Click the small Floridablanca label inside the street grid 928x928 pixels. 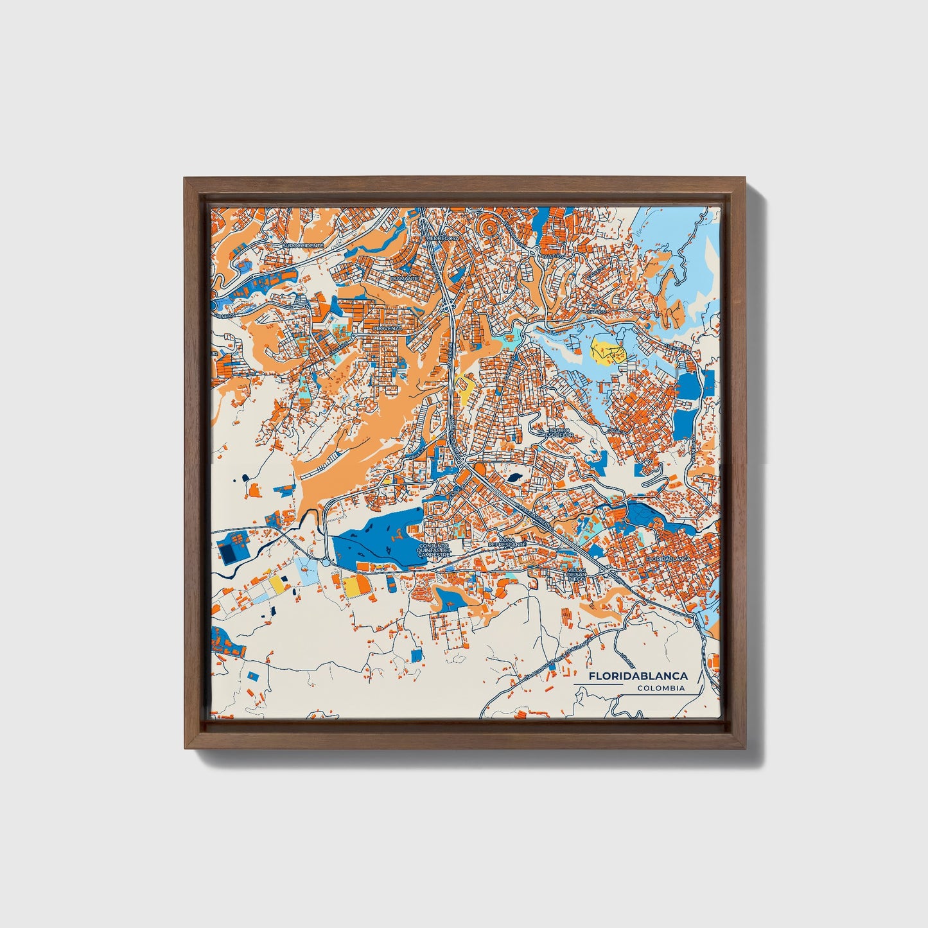[x=668, y=559]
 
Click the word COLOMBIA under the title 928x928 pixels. [x=661, y=688]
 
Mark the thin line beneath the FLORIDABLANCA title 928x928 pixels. [x=597, y=685]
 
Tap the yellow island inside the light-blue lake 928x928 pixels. [x=607, y=351]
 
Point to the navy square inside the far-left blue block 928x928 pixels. [x=227, y=552]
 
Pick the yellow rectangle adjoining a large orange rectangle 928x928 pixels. [x=352, y=586]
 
